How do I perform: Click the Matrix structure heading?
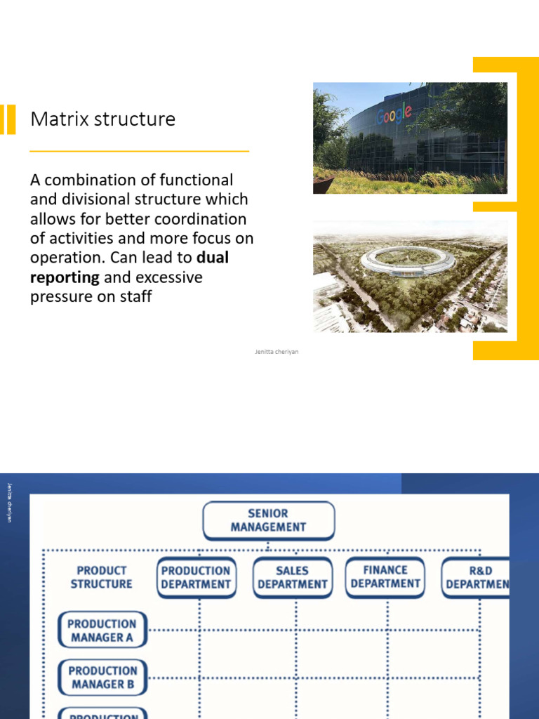102,119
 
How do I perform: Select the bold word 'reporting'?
65,277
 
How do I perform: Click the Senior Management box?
268,520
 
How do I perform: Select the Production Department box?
196,577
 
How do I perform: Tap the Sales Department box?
292,577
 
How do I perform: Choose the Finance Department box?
385,576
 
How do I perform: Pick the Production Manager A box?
102,631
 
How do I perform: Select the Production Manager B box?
102,678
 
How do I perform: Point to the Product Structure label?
102,577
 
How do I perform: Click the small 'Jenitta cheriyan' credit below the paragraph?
277,352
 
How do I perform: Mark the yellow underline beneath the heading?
140,151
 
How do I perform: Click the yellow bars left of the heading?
8,119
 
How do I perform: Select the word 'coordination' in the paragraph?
204,219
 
